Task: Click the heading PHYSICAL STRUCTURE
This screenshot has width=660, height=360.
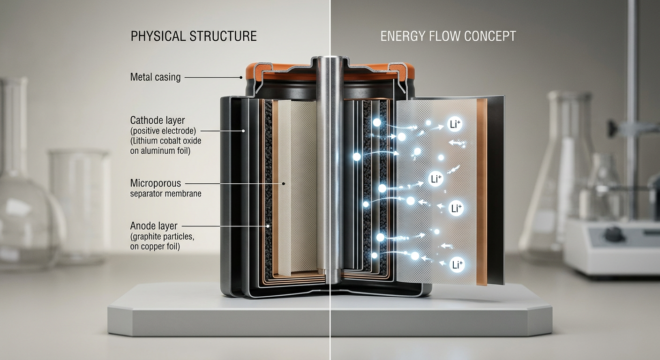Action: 194,36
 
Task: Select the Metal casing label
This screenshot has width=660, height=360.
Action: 155,77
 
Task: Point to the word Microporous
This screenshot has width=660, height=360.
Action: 156,183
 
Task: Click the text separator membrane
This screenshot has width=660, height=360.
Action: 165,193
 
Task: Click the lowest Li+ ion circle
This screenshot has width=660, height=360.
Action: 457,264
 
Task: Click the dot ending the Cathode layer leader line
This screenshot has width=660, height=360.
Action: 244,131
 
